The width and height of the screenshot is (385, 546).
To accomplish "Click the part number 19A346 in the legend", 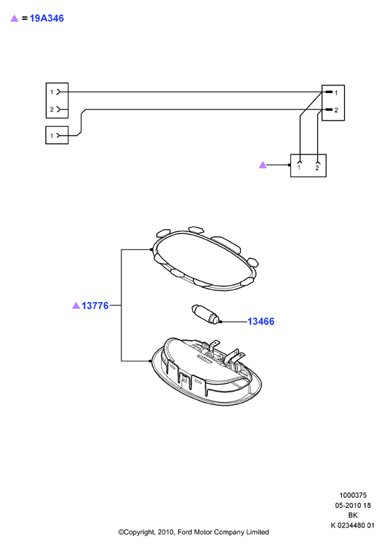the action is (47, 18).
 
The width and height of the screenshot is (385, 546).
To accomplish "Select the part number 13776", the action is (95, 305).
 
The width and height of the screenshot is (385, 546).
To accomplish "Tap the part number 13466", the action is (261, 321).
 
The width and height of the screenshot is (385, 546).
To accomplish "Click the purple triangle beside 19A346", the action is (14, 18).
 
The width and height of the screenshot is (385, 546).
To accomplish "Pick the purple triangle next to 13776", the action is (76, 305).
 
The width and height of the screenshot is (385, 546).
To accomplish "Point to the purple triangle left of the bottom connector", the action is (263, 164).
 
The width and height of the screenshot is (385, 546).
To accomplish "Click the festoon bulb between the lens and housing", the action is (206, 314).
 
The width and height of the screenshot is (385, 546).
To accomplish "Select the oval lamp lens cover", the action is (205, 259).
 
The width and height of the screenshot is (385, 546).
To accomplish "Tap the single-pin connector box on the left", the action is (57, 135).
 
